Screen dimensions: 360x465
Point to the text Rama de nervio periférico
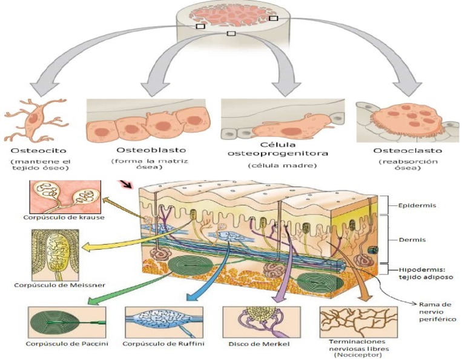[438, 310]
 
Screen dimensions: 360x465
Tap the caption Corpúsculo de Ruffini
[162, 344]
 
